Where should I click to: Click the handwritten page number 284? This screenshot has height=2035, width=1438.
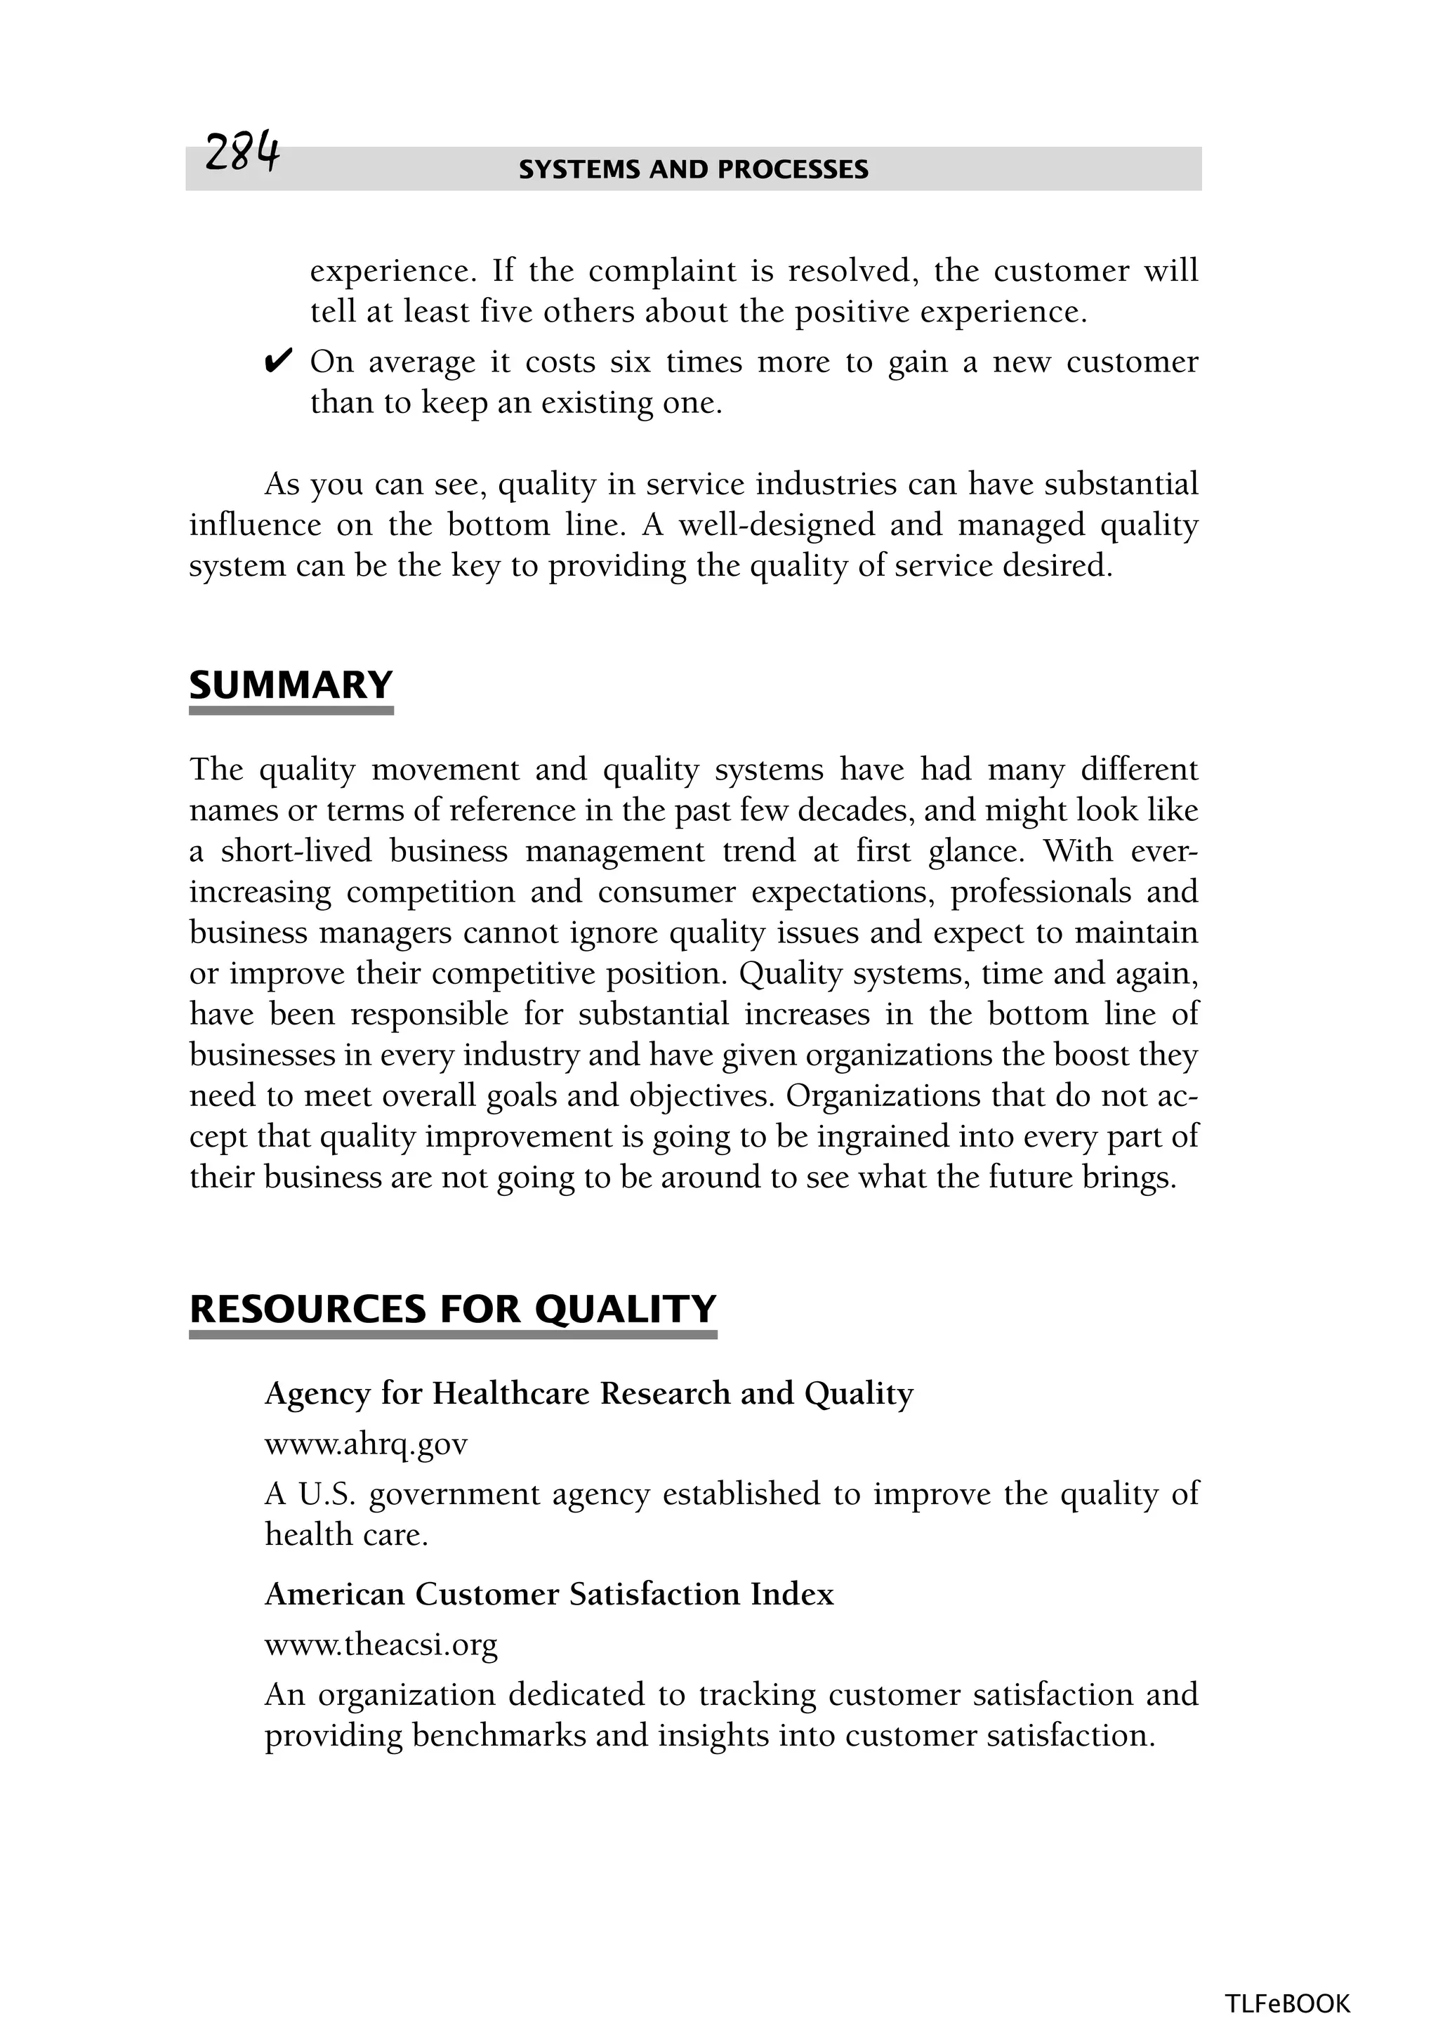(x=242, y=153)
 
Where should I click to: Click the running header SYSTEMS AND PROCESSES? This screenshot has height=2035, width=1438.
(x=693, y=169)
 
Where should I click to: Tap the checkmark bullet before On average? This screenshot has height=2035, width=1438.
(x=278, y=362)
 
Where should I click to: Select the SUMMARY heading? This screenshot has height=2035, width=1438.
(x=291, y=685)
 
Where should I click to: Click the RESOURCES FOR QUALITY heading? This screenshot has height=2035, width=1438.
(x=453, y=1309)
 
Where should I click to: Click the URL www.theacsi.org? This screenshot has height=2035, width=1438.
(x=381, y=1645)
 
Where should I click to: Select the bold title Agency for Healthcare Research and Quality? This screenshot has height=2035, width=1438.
(x=588, y=1394)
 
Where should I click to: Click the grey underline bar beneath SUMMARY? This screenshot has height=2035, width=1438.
(x=291, y=711)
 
